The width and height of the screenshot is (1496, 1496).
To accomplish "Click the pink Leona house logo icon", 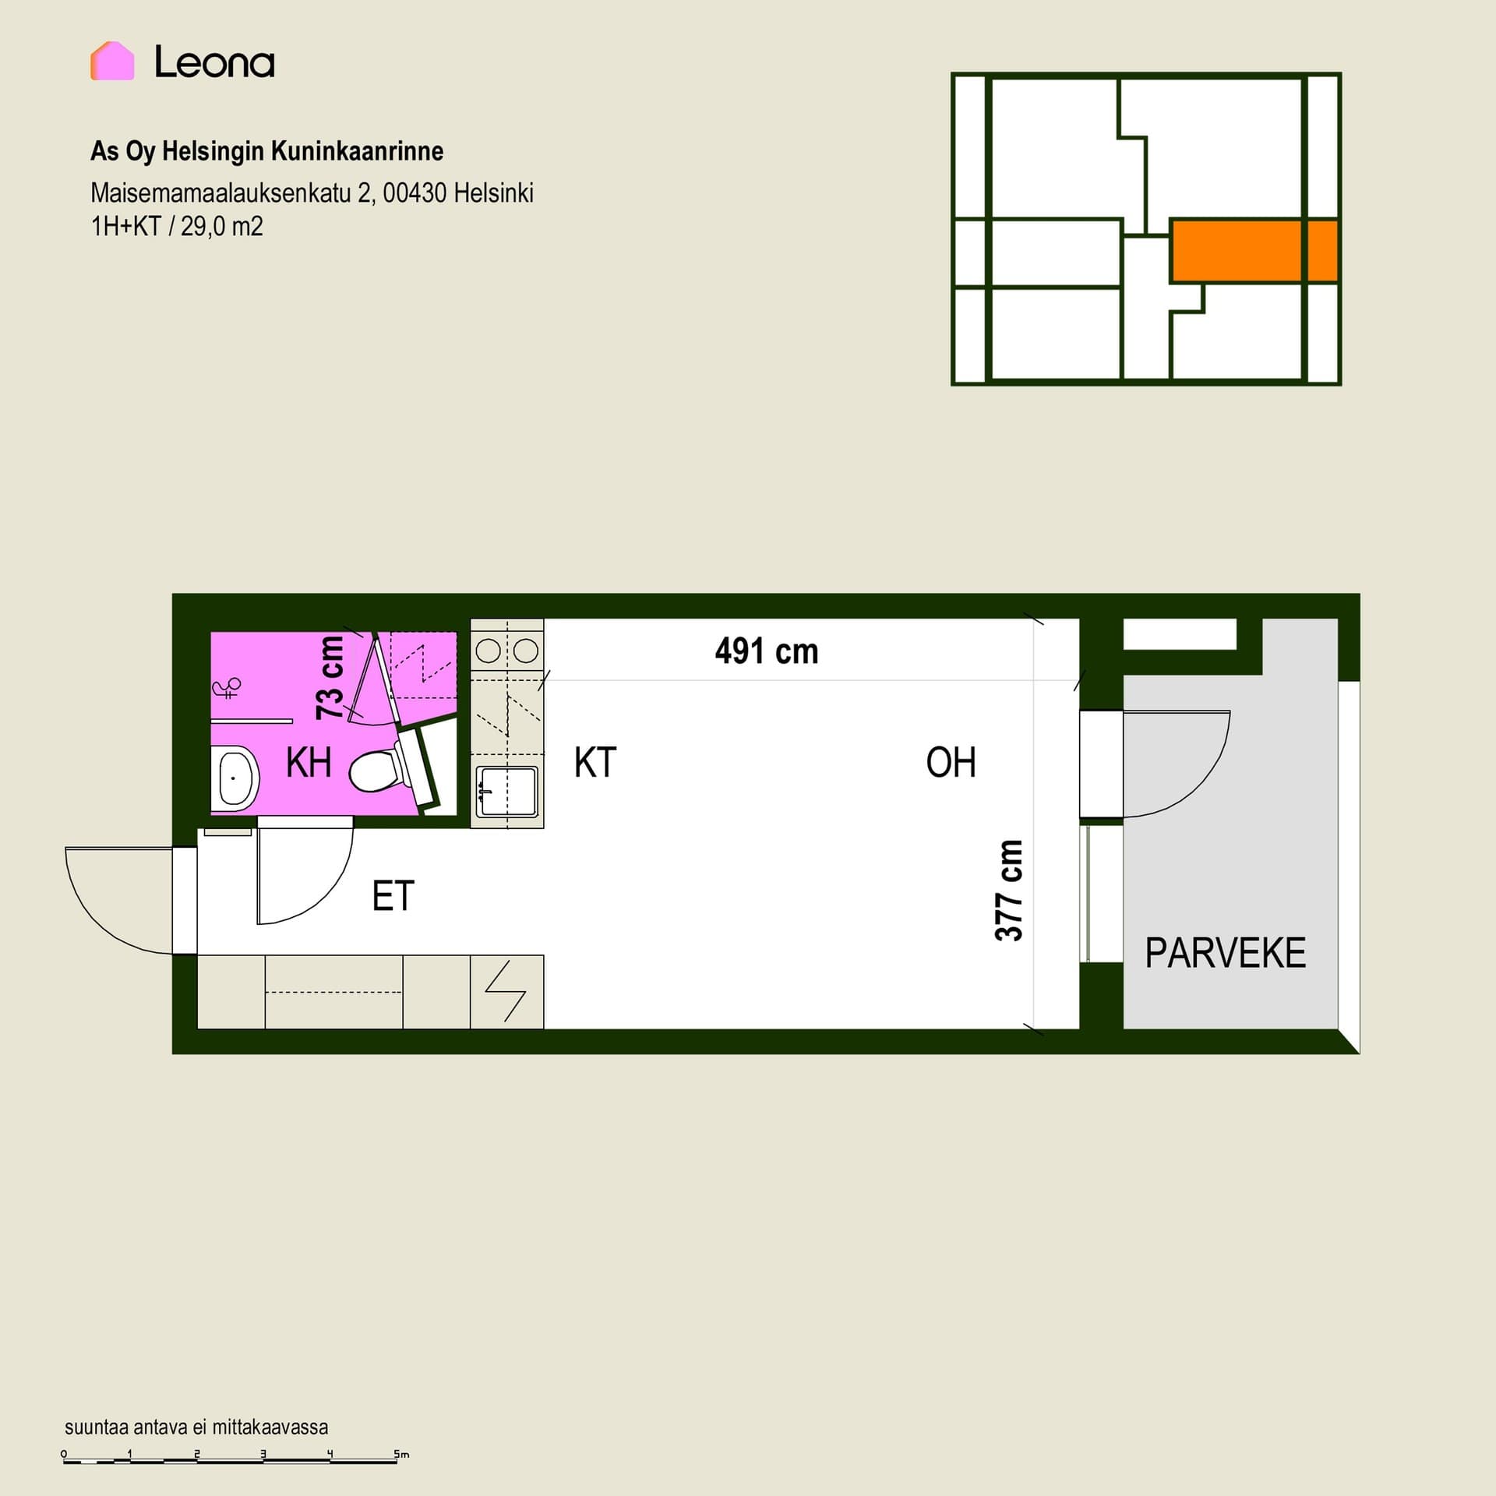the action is tap(112, 61).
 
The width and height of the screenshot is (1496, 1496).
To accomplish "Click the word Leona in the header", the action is tap(214, 62).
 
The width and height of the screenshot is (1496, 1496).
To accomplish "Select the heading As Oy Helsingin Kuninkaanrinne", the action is tap(266, 151).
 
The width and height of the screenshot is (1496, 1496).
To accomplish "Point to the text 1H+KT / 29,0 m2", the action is tap(177, 227).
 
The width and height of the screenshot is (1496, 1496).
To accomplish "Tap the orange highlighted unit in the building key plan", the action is tap(1254, 250).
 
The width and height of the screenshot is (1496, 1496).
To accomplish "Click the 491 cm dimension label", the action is tap(767, 651).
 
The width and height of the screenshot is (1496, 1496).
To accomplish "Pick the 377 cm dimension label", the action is tap(1008, 891).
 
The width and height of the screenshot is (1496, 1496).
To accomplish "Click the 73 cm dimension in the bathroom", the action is tap(330, 678).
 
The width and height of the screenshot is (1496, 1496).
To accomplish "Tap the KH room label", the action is tap(309, 763).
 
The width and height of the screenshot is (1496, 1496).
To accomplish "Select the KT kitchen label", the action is tap(595, 763).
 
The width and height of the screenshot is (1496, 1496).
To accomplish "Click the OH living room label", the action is tap(951, 763).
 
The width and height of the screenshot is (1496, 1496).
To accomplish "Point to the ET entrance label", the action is tap(393, 896).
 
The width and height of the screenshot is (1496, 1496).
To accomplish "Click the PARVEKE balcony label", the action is tap(1225, 953).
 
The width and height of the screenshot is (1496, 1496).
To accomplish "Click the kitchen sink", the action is tap(507, 792).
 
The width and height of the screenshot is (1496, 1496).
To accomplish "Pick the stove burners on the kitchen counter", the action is tap(507, 651).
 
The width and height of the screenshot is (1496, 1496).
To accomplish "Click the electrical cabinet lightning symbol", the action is tap(506, 991).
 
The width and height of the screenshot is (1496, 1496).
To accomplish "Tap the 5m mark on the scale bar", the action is tap(401, 1454).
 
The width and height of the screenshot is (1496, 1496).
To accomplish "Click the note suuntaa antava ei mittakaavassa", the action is tap(196, 1427).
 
